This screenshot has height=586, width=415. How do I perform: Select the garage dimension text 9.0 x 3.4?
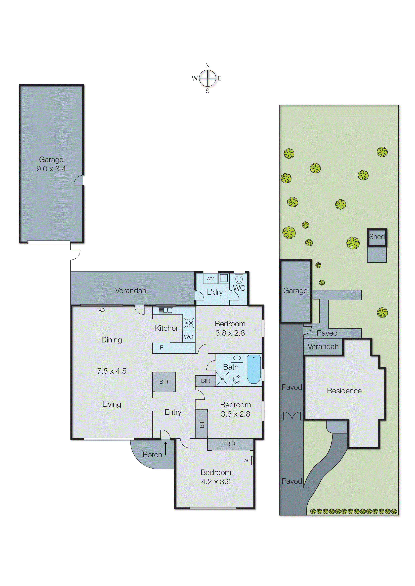[51, 169]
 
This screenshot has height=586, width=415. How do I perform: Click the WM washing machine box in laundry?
[210, 279]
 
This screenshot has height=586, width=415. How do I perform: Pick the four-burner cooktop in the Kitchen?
[189, 323]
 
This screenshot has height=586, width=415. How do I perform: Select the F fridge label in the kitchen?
[161, 347]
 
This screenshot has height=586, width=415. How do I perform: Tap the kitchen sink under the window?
[165, 310]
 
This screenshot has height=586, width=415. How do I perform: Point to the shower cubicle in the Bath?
[222, 379]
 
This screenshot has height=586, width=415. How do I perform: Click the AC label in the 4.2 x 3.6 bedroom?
[247, 460]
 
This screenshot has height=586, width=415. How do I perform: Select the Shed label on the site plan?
[377, 237]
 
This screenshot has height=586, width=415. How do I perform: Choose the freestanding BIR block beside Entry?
[164, 382]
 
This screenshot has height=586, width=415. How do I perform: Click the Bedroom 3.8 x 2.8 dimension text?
[230, 333]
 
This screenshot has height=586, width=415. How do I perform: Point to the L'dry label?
[215, 292]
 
